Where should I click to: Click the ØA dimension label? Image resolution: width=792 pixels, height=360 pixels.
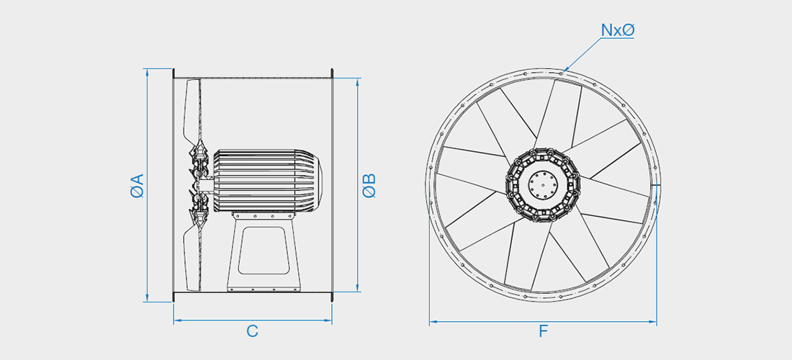[x=137, y=185]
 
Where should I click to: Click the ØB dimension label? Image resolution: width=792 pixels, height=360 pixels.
[x=369, y=185]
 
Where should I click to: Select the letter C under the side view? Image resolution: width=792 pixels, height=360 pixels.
[x=252, y=331]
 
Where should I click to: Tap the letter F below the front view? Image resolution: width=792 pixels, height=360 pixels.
[x=544, y=331]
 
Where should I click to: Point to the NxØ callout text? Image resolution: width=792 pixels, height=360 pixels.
[x=617, y=30]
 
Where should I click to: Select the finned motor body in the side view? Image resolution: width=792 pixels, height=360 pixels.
[x=269, y=180]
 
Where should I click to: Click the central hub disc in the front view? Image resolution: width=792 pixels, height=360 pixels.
[x=542, y=185]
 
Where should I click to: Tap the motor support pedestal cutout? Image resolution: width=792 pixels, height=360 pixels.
[x=264, y=251]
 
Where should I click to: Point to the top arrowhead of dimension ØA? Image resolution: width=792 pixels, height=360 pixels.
[x=147, y=72]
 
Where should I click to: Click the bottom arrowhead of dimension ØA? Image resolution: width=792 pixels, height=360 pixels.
[x=147, y=298]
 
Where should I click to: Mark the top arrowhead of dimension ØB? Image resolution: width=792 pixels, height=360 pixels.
[x=358, y=82]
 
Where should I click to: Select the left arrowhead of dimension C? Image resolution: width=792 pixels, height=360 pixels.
[x=177, y=320]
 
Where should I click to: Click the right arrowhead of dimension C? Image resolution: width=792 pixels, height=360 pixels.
[x=328, y=320]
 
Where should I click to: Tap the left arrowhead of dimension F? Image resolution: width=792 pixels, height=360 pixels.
[x=433, y=322]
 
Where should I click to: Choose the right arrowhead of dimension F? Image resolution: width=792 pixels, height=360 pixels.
[x=652, y=322]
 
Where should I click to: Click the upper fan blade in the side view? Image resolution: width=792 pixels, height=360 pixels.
[x=192, y=114]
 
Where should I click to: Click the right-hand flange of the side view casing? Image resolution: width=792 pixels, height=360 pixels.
[x=332, y=185]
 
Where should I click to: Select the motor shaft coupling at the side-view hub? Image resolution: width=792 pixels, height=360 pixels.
[x=205, y=186]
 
